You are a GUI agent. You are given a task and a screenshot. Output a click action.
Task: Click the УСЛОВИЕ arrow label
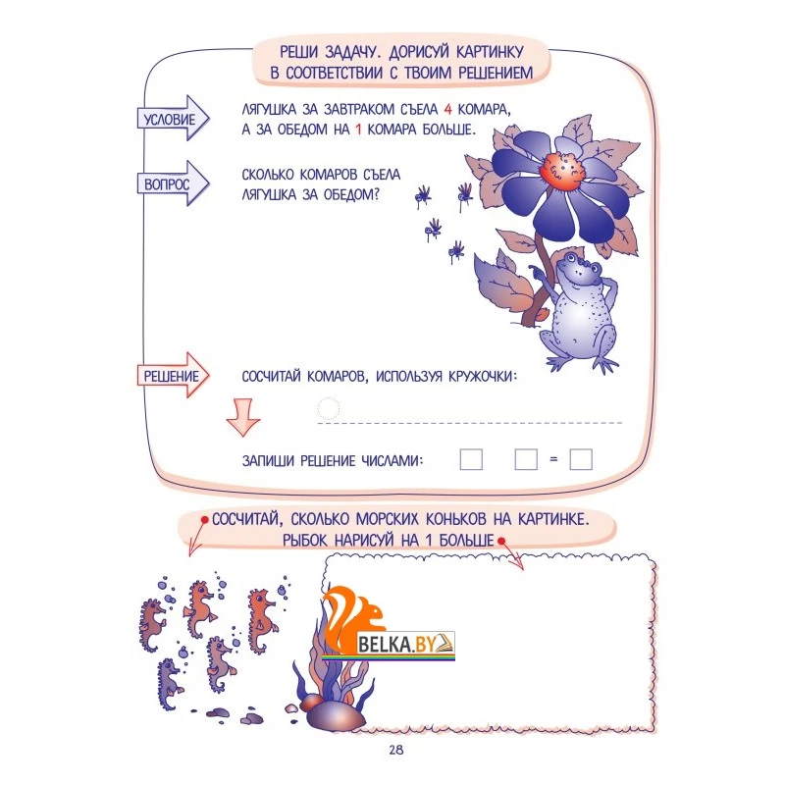(173, 119)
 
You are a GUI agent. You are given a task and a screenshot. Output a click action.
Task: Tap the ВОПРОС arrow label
(173, 183)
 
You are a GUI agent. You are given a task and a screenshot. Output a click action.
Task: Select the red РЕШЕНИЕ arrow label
(173, 376)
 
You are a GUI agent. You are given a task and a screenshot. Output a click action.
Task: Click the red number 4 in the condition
(447, 110)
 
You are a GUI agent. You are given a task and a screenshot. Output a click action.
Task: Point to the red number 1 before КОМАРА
(358, 130)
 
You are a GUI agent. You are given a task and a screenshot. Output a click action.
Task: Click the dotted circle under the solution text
(329, 408)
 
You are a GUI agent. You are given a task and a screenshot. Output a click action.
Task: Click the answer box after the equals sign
(581, 459)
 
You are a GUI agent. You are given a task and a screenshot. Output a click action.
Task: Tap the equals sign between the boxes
(553, 459)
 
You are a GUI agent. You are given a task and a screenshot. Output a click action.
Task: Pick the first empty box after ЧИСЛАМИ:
(471, 459)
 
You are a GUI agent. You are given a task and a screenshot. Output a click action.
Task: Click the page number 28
(396, 750)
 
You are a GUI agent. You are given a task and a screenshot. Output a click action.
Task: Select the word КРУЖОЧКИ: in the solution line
(483, 376)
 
